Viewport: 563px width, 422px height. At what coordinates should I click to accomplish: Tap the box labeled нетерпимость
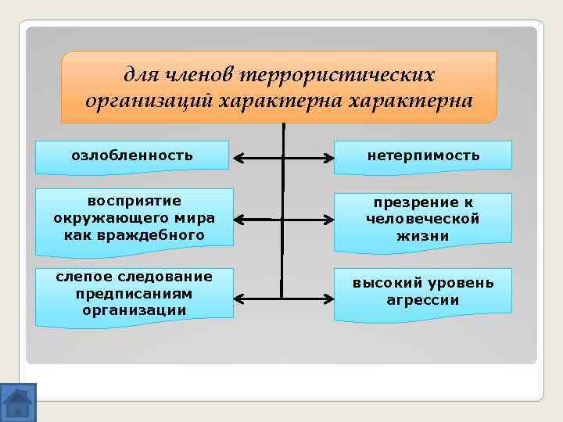[423, 156]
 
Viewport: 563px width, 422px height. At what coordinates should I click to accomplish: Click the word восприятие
[134, 202]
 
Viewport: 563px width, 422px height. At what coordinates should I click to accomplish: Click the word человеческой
[423, 220]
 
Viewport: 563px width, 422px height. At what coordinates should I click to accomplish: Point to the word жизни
[423, 236]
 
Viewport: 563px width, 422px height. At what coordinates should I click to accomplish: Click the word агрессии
[423, 299]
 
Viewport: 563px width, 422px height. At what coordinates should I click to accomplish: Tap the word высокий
[388, 282]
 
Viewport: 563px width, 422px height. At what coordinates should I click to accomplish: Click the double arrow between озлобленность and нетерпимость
[282, 159]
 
